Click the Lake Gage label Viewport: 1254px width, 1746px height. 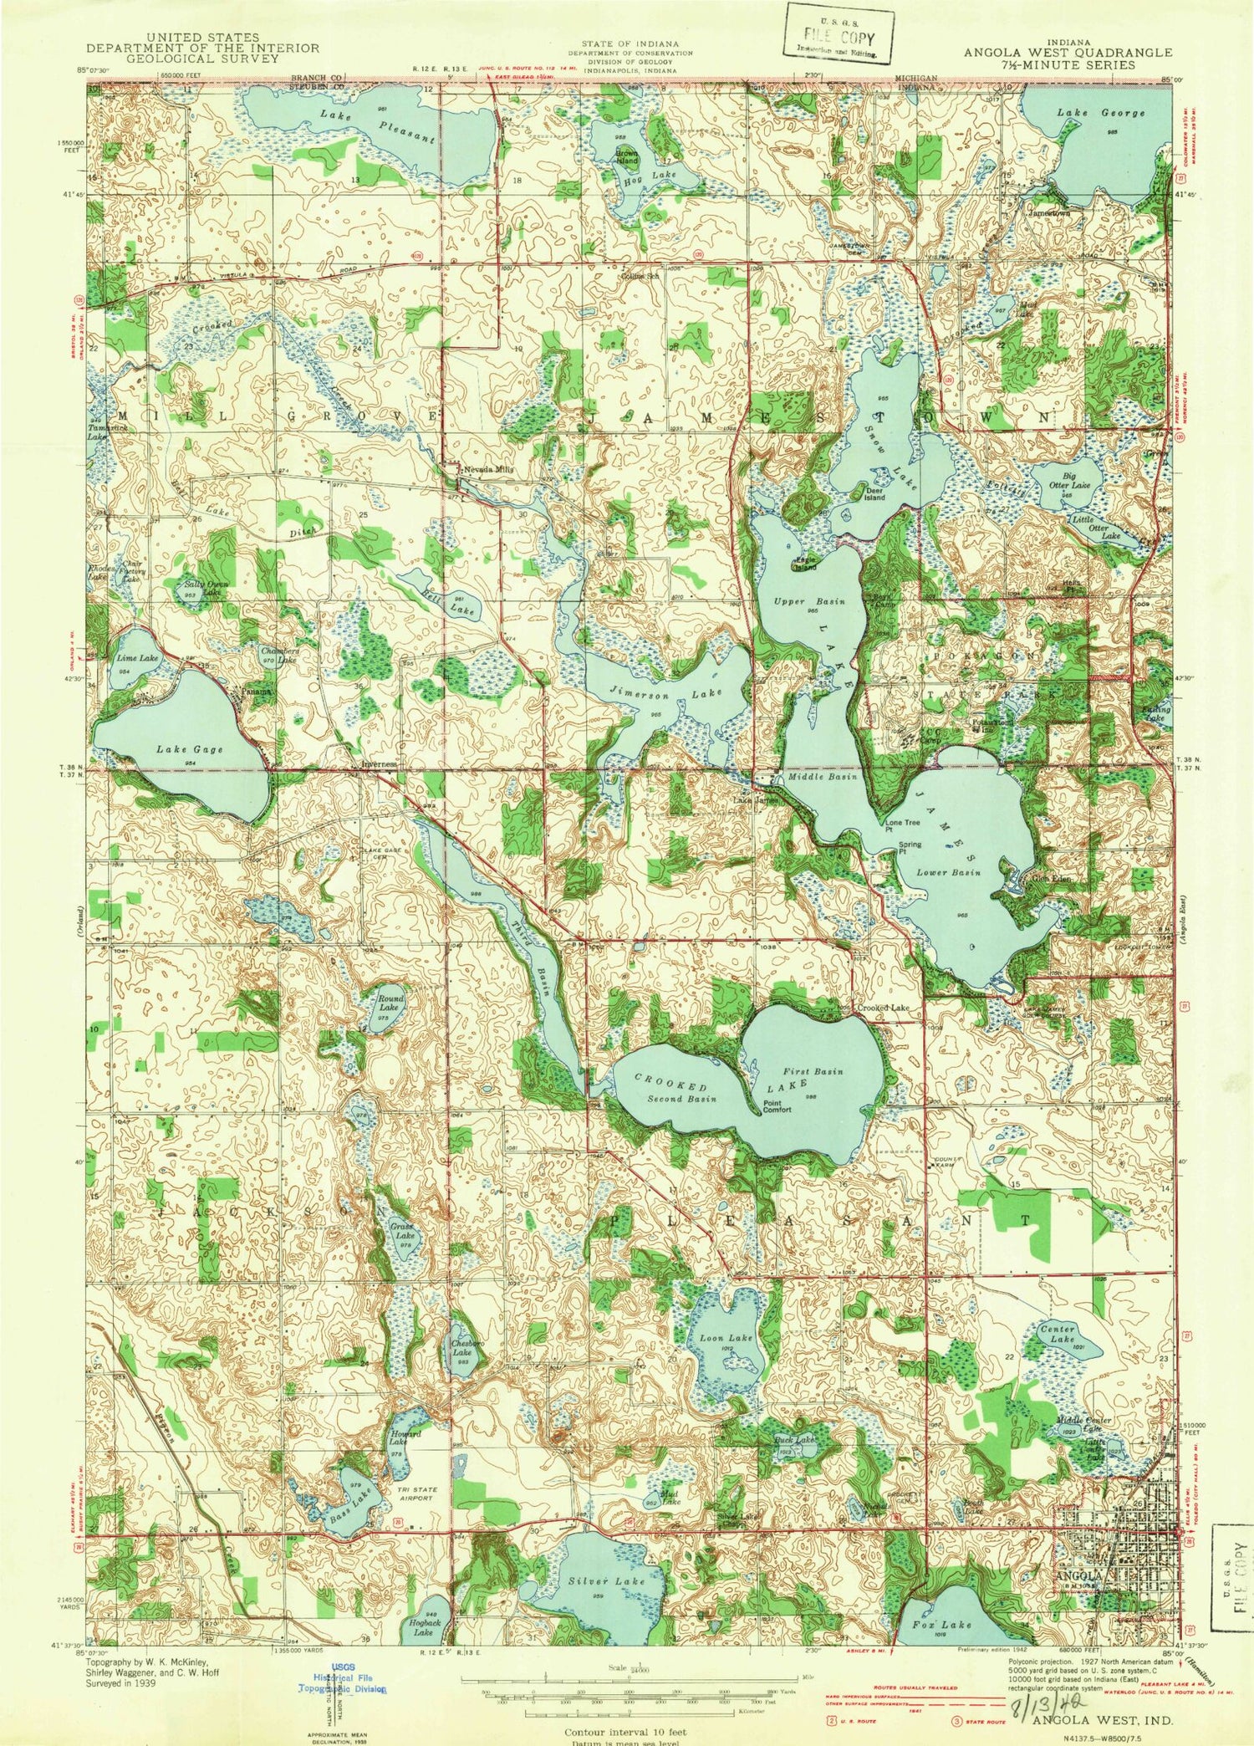(x=189, y=749)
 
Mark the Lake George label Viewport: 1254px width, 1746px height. (x=1100, y=113)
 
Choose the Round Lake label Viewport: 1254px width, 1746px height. (x=390, y=1003)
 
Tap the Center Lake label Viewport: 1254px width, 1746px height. (x=1057, y=1334)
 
